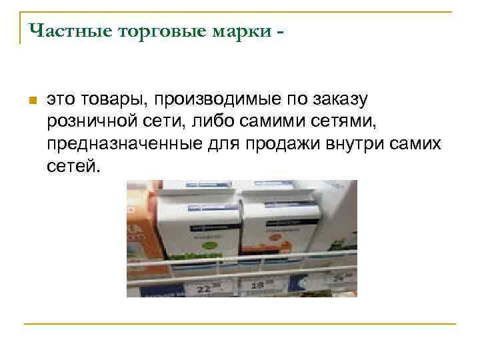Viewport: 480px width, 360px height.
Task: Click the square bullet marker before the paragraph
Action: coord(31,100)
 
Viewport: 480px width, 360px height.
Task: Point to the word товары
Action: coord(111,100)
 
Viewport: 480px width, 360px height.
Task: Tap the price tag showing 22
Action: coord(212,287)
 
